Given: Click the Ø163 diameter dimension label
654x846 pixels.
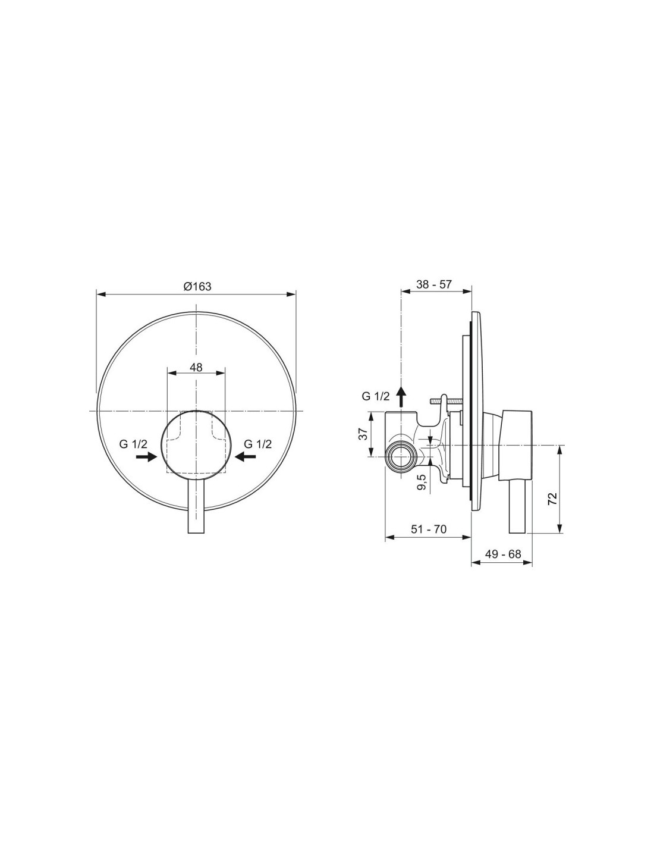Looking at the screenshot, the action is pos(197,287).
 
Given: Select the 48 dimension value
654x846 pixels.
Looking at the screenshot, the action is pos(196,367).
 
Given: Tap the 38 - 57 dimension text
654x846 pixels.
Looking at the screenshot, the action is pos(434,284).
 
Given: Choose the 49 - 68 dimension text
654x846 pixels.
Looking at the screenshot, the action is pos(503,554).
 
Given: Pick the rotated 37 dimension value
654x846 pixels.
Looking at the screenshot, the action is pos(363,434).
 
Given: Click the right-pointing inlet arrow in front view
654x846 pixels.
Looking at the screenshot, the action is pos(146,457).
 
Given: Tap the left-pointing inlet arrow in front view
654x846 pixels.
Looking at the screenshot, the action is pos(246,457).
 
